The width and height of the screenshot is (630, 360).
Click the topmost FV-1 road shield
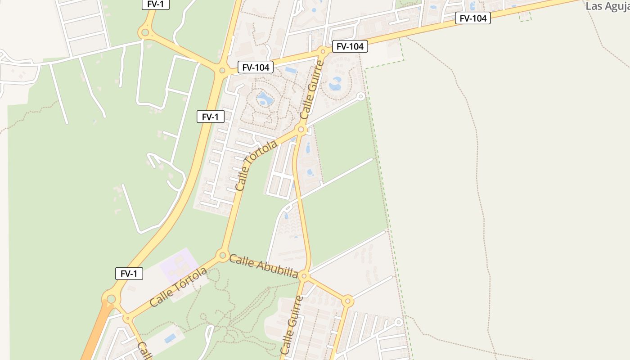[x=156, y=4]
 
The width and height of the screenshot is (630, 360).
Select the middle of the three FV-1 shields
[x=210, y=117]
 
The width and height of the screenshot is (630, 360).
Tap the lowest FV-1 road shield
[x=129, y=274]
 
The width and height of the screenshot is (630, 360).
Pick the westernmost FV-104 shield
[x=256, y=67]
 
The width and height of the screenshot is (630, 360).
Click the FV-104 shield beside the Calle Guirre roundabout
[x=350, y=46]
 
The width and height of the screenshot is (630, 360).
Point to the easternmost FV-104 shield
[x=472, y=18]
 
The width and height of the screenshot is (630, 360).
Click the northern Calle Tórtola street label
[x=256, y=165]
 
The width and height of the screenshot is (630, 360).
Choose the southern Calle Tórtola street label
[x=178, y=287]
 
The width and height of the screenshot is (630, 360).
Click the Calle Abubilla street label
[x=264, y=265]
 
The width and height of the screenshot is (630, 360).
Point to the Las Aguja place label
[x=607, y=6]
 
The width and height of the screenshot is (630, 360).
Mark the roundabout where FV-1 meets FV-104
[x=222, y=70]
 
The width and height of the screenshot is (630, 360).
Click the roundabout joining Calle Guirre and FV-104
[x=323, y=51]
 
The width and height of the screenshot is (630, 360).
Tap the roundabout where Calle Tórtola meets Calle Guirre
[x=301, y=130]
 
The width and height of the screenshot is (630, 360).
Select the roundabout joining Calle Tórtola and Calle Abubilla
[x=222, y=256]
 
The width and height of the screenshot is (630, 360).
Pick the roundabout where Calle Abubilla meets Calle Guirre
[x=305, y=275]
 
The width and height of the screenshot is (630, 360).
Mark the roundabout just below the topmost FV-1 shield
[x=145, y=32]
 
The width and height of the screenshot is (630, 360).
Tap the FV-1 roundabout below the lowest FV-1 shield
[x=111, y=298]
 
